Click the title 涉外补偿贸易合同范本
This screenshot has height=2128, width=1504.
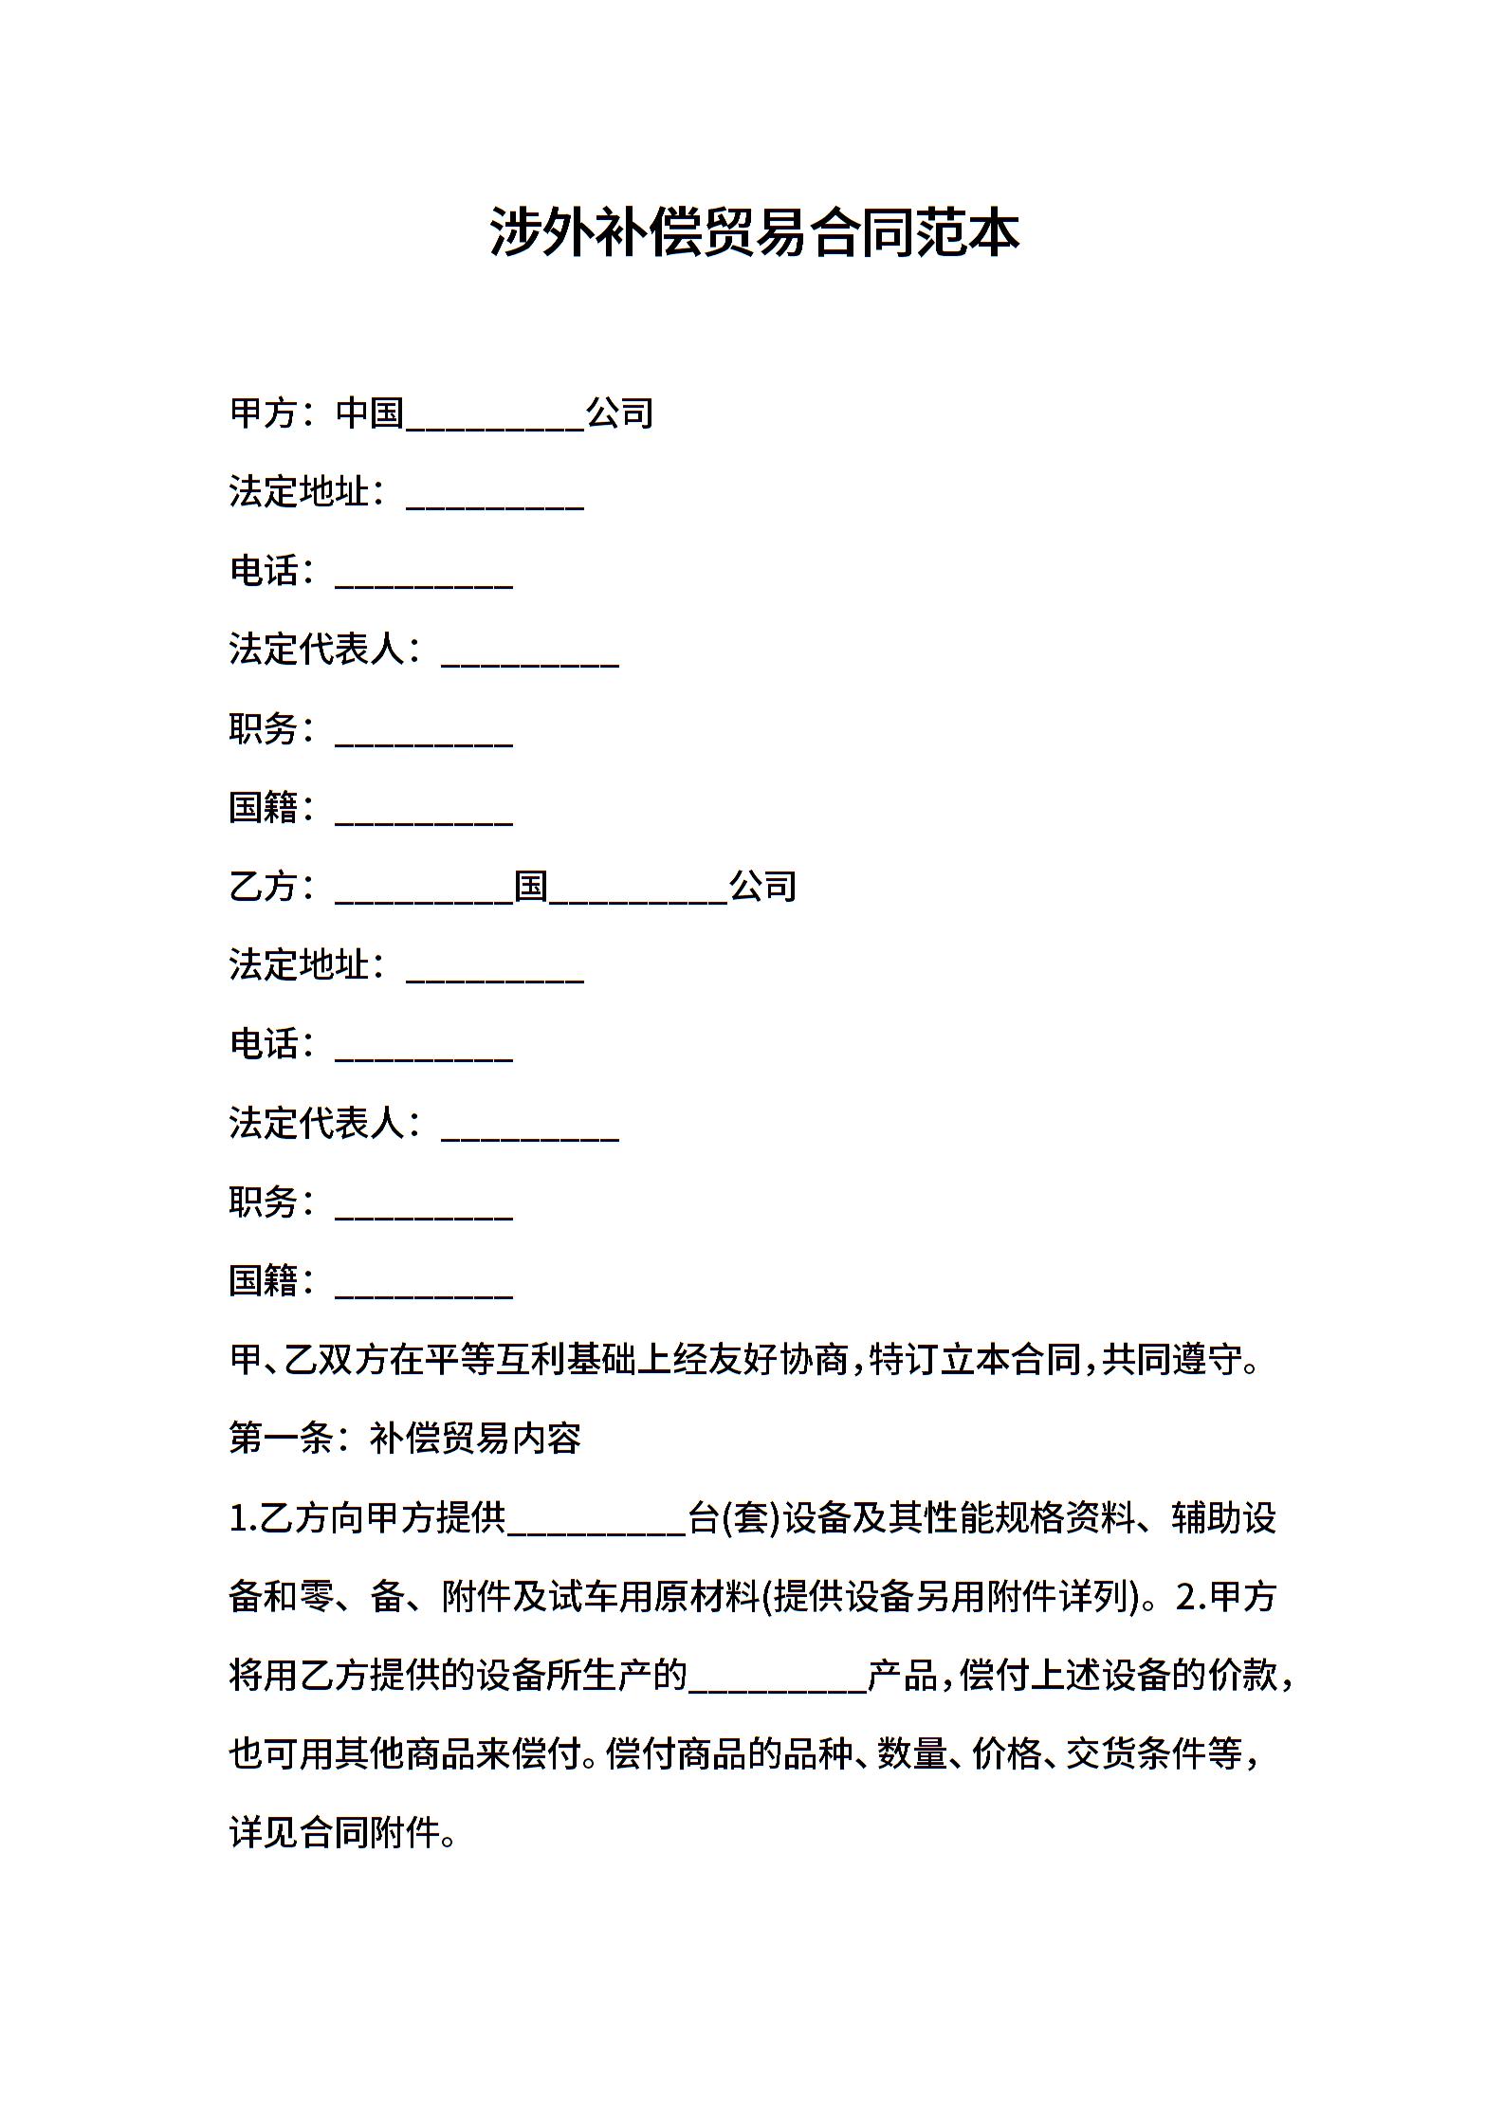(x=754, y=232)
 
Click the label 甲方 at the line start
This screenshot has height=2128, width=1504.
(x=264, y=413)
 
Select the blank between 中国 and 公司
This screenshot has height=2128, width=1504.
(x=495, y=417)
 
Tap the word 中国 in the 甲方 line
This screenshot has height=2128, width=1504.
(x=371, y=413)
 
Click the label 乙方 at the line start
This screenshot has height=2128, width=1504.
(x=264, y=887)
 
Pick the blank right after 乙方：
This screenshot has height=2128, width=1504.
(x=424, y=891)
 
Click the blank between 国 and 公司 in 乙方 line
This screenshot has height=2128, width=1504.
(x=638, y=891)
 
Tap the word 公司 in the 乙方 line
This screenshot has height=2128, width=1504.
(x=762, y=887)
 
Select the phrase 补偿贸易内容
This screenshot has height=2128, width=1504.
(x=475, y=1439)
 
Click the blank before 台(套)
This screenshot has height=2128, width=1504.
(x=596, y=1521)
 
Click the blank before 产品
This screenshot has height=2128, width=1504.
(x=778, y=1679)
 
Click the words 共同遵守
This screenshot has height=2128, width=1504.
(x=1171, y=1360)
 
